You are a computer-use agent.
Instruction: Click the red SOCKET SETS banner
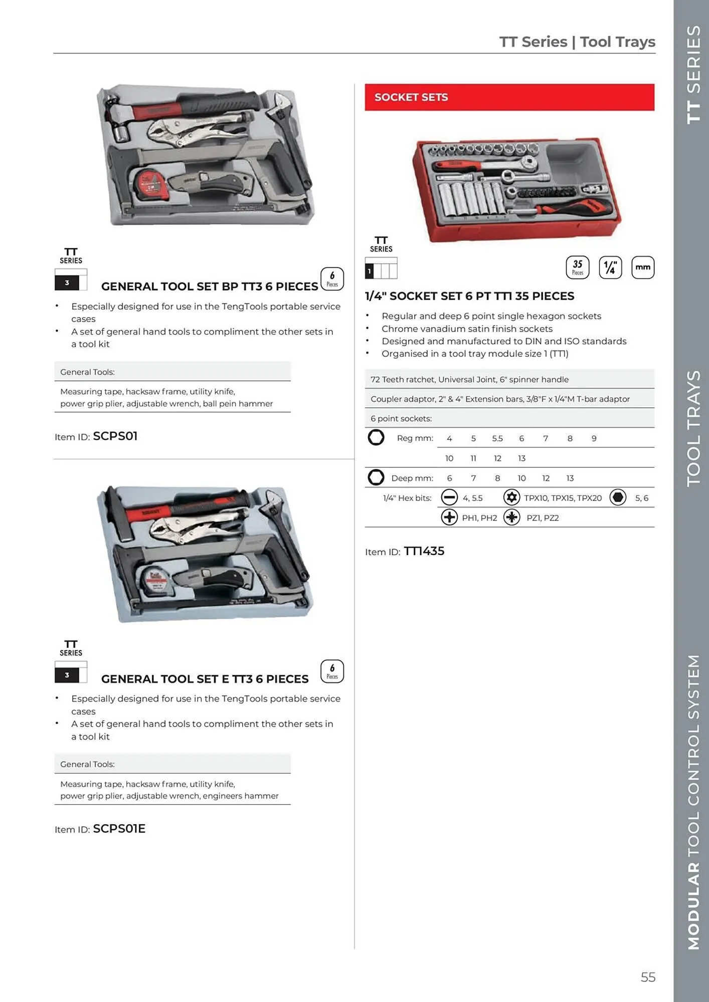tap(509, 97)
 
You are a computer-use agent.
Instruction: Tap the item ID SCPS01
tap(115, 436)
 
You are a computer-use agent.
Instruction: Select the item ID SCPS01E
tap(119, 829)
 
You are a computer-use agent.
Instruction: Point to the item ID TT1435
tap(424, 551)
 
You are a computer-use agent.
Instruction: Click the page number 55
tap(648, 977)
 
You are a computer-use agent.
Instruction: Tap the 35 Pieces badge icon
tap(578, 268)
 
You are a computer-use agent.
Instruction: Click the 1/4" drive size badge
tap(610, 268)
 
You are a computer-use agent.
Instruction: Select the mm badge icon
tap(642, 268)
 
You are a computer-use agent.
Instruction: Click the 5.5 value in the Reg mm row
tap(497, 438)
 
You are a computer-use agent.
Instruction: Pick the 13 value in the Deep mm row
tap(570, 478)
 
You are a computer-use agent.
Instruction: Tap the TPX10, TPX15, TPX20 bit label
tap(563, 498)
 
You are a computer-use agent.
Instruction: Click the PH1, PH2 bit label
tap(479, 518)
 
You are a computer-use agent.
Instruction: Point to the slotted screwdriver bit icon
tap(449, 497)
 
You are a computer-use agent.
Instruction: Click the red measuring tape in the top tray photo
tap(149, 185)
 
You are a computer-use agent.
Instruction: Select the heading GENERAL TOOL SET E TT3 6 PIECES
tap(205, 679)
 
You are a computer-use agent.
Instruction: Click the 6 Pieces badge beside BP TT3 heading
tap(332, 279)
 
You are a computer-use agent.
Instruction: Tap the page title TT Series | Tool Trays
tap(577, 42)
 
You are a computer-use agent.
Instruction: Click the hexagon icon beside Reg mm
tap(376, 437)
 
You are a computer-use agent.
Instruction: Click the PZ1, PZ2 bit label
tap(543, 518)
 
